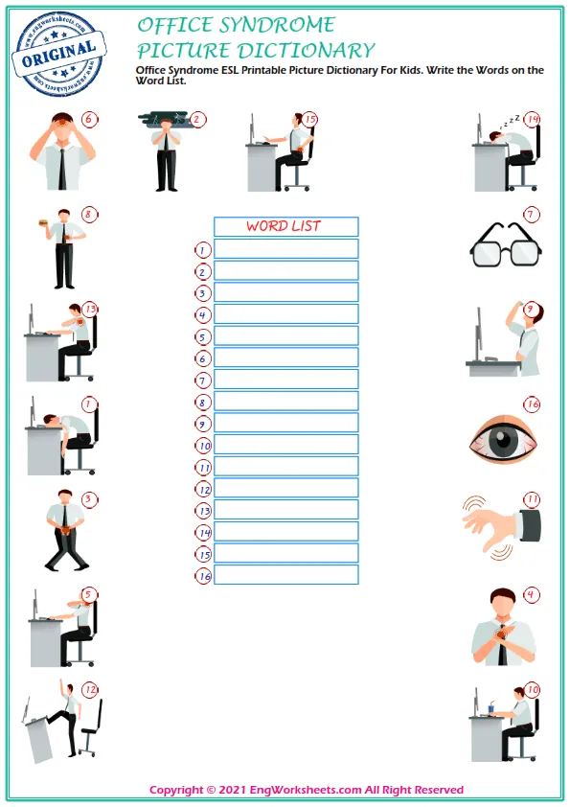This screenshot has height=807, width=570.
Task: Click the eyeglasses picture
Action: point(505,245)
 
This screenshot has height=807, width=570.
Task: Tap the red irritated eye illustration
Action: point(504,437)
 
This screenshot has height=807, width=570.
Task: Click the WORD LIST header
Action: point(285,226)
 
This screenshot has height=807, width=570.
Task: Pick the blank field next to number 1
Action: point(285,249)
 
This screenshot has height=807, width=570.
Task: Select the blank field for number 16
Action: point(285,575)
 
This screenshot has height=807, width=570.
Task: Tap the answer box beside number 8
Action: point(285,402)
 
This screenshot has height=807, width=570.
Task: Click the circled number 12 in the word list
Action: point(203,489)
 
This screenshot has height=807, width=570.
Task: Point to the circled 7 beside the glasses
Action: point(531,215)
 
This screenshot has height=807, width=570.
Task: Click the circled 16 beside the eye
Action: point(532,404)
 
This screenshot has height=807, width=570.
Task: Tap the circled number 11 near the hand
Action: point(532,499)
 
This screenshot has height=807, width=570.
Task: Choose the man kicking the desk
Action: point(62,724)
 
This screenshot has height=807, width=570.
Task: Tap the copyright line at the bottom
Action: point(307,790)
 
